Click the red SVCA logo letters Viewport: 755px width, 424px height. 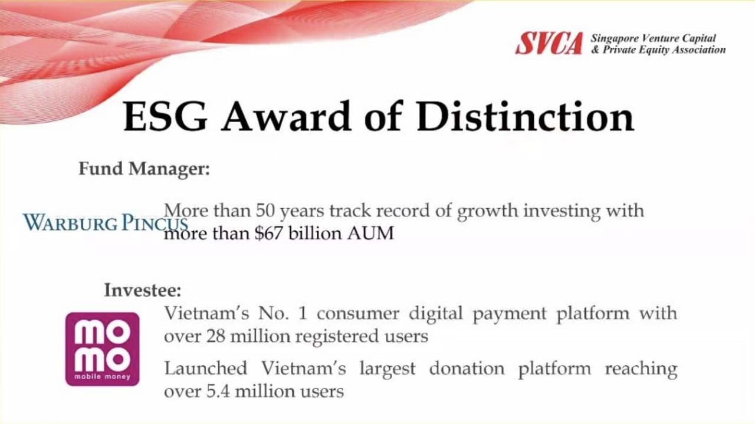point(549,44)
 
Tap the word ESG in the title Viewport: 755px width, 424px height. point(165,116)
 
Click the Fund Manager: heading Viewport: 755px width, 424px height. point(145,169)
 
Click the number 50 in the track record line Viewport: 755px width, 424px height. point(265,211)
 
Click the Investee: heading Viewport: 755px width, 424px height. point(143,290)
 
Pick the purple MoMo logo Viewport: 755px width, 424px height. point(103,349)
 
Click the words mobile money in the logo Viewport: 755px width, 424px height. point(103,376)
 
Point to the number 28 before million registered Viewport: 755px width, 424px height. point(215,336)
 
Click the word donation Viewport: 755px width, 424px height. point(467,369)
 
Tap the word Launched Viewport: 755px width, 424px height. point(206,368)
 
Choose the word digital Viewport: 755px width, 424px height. point(435,314)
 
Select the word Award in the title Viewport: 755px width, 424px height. point(286,116)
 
